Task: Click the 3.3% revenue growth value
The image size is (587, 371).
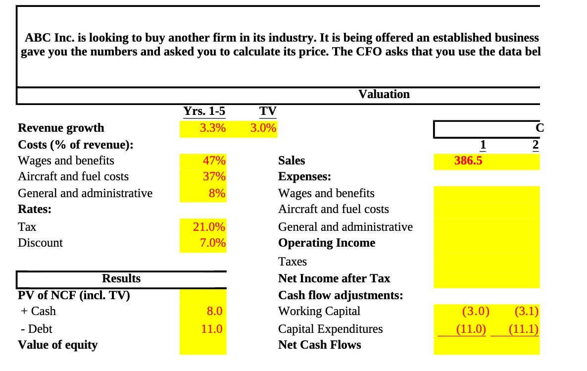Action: (212, 128)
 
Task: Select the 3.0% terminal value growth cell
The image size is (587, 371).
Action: (263, 128)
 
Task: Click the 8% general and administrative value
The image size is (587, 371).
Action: (217, 193)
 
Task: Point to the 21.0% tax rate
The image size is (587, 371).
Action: (209, 227)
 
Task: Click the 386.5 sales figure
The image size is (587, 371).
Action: (468, 161)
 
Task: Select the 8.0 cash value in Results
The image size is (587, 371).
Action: (214, 311)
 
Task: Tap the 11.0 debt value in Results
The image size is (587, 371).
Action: (212, 329)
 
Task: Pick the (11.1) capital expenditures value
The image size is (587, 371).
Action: (526, 329)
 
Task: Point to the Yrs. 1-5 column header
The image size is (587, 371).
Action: (204, 111)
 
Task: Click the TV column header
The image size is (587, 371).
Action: (268, 111)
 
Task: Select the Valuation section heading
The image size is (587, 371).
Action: (384, 94)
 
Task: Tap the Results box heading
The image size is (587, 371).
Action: (121, 278)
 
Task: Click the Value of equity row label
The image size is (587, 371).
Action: (57, 345)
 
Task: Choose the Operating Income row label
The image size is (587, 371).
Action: (327, 243)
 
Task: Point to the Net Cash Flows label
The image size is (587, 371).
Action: (319, 345)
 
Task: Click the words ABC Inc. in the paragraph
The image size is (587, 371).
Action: (44, 38)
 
